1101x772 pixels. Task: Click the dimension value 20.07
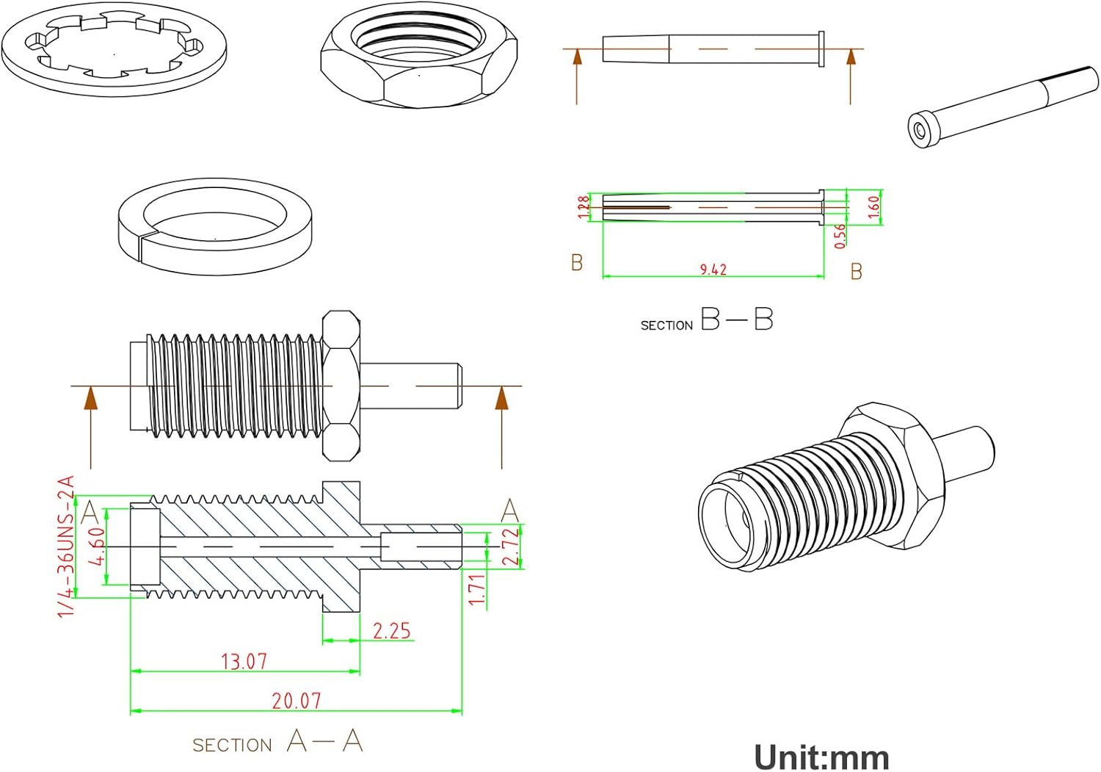click(297, 701)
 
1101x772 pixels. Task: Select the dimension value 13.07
click(244, 661)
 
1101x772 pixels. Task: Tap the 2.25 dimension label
click(391, 631)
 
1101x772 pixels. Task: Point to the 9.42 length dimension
click(713, 270)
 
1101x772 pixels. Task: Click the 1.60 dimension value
click(873, 206)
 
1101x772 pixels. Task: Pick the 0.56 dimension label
click(840, 235)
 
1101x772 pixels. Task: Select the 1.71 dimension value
click(477, 590)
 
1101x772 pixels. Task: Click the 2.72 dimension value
click(512, 546)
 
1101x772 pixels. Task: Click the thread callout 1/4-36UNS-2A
click(66, 546)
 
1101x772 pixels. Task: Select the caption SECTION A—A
click(277, 742)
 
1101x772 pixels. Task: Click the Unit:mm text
click(821, 757)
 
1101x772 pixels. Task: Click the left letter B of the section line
click(577, 262)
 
